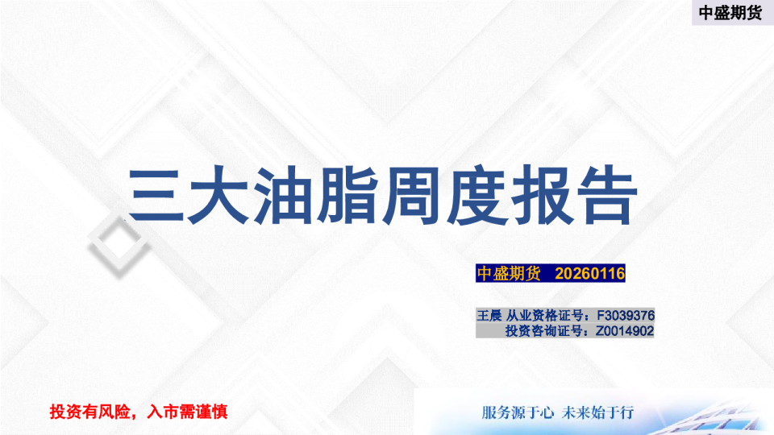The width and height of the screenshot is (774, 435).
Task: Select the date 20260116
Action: (x=590, y=274)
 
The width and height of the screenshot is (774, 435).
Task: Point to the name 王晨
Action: (x=489, y=315)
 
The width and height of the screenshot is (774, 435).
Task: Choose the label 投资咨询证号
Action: (x=544, y=330)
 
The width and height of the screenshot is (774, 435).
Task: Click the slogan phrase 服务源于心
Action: (x=517, y=412)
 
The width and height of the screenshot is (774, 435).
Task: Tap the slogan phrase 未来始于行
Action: (x=600, y=412)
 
